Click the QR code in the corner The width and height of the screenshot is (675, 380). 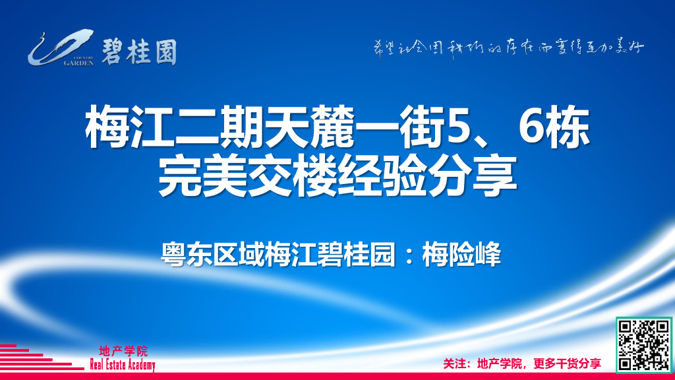click(643, 344)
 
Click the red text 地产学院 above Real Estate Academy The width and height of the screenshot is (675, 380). click(123, 351)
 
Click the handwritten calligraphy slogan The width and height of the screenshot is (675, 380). click(504, 48)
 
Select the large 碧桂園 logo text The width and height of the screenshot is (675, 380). click(139, 50)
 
